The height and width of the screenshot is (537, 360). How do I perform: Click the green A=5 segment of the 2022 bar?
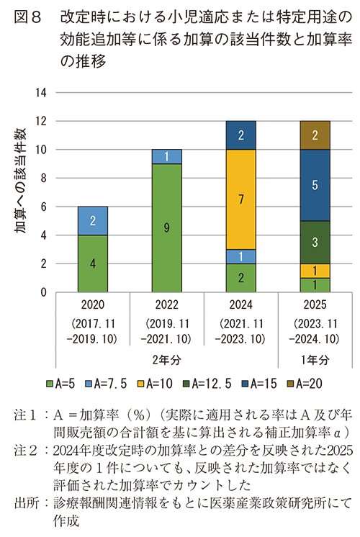point(166,228)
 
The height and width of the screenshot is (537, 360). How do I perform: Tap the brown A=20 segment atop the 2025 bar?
point(315,135)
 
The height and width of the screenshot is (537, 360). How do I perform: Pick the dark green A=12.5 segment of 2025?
point(315,242)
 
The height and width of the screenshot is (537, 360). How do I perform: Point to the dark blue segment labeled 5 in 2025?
point(315,185)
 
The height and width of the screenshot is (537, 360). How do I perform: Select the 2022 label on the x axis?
point(166,304)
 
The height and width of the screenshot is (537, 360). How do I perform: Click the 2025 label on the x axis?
point(315,304)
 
